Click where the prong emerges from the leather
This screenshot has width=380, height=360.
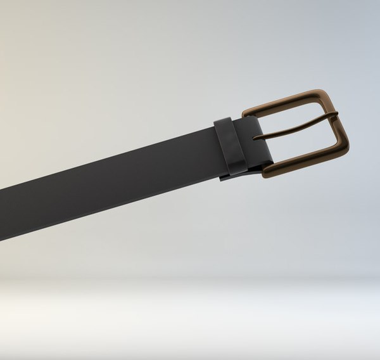[x=256, y=137]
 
